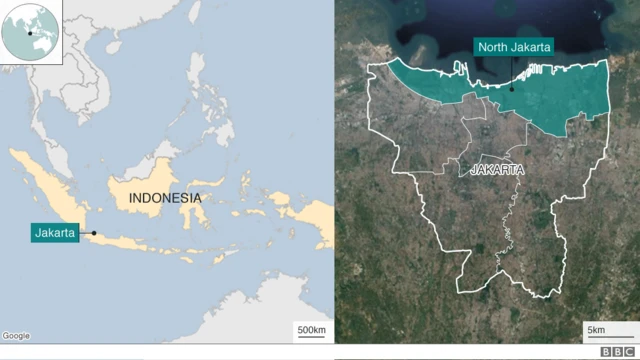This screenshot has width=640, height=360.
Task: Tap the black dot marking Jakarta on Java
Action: tap(94, 234)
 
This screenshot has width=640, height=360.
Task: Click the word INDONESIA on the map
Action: tap(165, 198)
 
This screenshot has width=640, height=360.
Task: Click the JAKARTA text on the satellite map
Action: tap(497, 170)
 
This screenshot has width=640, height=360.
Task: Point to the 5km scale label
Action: tap(596, 330)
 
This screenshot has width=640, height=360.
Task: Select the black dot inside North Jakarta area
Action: tap(511, 88)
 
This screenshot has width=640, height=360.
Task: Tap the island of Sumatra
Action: tap(45, 185)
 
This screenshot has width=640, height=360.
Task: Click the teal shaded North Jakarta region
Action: tap(560, 95)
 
